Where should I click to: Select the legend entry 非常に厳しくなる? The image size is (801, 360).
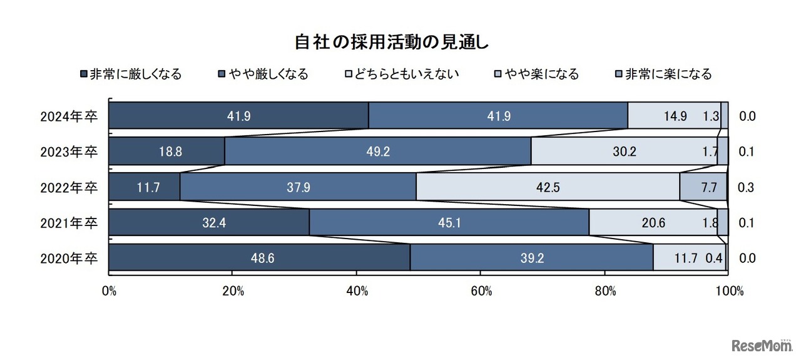tap(131, 74)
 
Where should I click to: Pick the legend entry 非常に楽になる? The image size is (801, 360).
tap(664, 74)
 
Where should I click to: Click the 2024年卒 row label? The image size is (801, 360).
tap(69, 116)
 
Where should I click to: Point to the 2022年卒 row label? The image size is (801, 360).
tap(69, 187)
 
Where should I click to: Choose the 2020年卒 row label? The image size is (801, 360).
tap(69, 258)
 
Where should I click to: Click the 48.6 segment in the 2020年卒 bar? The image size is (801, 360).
tap(259, 258)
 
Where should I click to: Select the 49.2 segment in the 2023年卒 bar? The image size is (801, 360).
tap(377, 152)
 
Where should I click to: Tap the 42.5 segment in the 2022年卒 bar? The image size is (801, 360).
tap(548, 187)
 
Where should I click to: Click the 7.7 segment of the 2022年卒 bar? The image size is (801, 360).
tap(703, 187)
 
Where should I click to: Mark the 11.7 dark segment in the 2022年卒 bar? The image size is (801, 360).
tap(145, 187)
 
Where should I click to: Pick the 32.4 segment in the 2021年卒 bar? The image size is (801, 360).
tap(209, 222)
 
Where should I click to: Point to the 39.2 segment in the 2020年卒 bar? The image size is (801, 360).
tap(531, 258)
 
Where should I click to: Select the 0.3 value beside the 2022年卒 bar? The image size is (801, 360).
tap(747, 187)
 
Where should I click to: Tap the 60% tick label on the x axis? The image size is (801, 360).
tap(481, 291)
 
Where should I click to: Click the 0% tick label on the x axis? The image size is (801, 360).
tap(109, 291)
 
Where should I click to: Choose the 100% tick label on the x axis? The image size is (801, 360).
tap(728, 291)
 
